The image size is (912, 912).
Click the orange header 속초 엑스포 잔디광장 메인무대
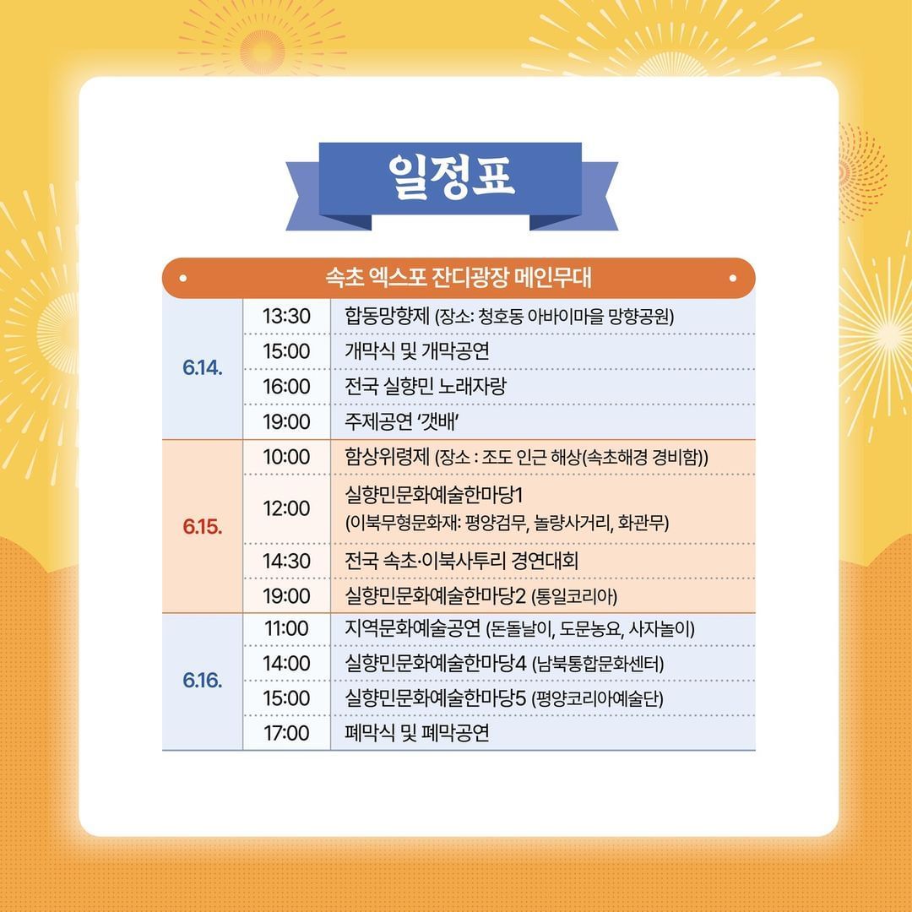pyautogui.click(x=458, y=278)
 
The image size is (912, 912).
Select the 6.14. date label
pyautogui.click(x=202, y=369)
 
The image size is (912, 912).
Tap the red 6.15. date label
pyautogui.click(x=202, y=526)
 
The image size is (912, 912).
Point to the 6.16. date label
pyautogui.click(x=202, y=681)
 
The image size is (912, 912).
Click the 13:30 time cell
pyautogui.click(x=286, y=317)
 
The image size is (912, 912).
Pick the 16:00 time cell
pyautogui.click(x=286, y=386)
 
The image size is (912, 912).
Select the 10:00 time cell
pyautogui.click(x=286, y=457)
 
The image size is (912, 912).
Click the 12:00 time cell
pyautogui.click(x=286, y=508)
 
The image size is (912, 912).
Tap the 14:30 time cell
pyautogui.click(x=286, y=561)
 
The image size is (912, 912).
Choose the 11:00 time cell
pyautogui.click(x=286, y=628)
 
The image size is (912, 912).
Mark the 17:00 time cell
pyautogui.click(x=286, y=733)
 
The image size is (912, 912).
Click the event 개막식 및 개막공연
pyautogui.click(x=417, y=351)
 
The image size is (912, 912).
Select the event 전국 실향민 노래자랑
pyautogui.click(x=426, y=386)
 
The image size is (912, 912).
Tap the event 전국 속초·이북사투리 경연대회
pyautogui.click(x=462, y=561)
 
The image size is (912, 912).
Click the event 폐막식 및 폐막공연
pyautogui.click(x=417, y=733)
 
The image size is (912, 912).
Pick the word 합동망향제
pyautogui.click(x=388, y=317)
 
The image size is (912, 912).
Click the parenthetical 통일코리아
pyautogui.click(x=575, y=597)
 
